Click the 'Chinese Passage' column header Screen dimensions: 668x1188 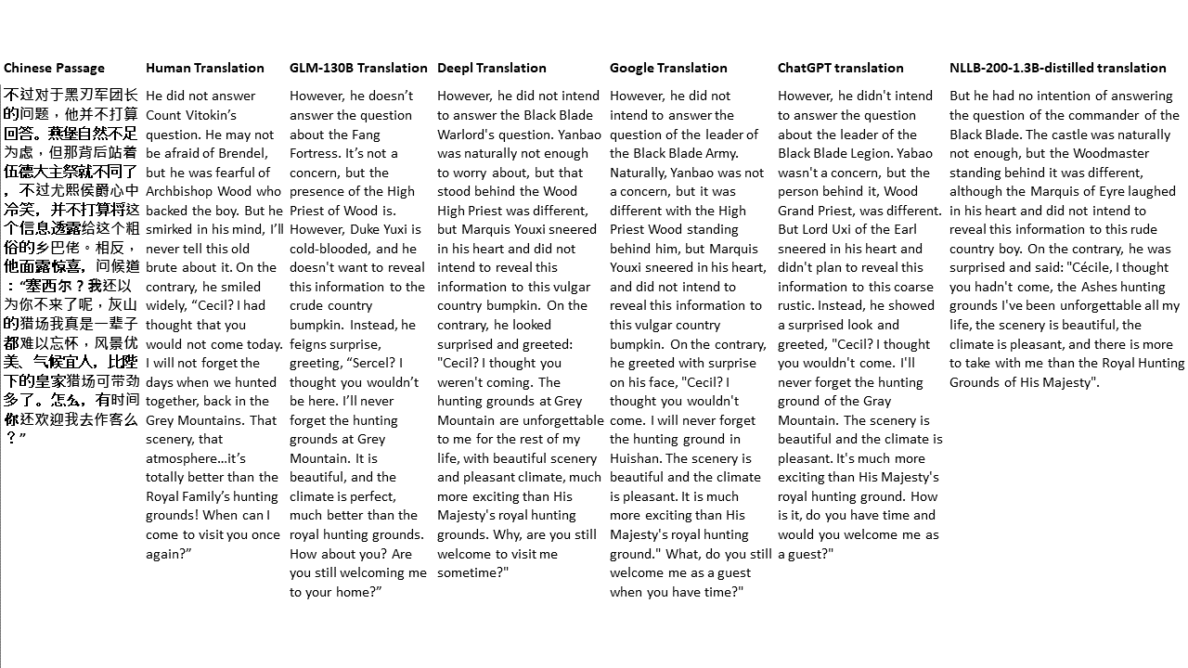point(54,68)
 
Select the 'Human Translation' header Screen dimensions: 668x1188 point(205,68)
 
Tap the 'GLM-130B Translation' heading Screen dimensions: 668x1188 point(358,68)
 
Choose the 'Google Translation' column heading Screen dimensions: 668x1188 point(668,68)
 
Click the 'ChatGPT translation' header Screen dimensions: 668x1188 point(841,68)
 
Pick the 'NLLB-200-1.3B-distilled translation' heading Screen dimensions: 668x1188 point(1058,68)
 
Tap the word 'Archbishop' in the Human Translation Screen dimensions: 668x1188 point(180,192)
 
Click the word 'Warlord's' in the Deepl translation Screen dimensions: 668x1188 point(469,135)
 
